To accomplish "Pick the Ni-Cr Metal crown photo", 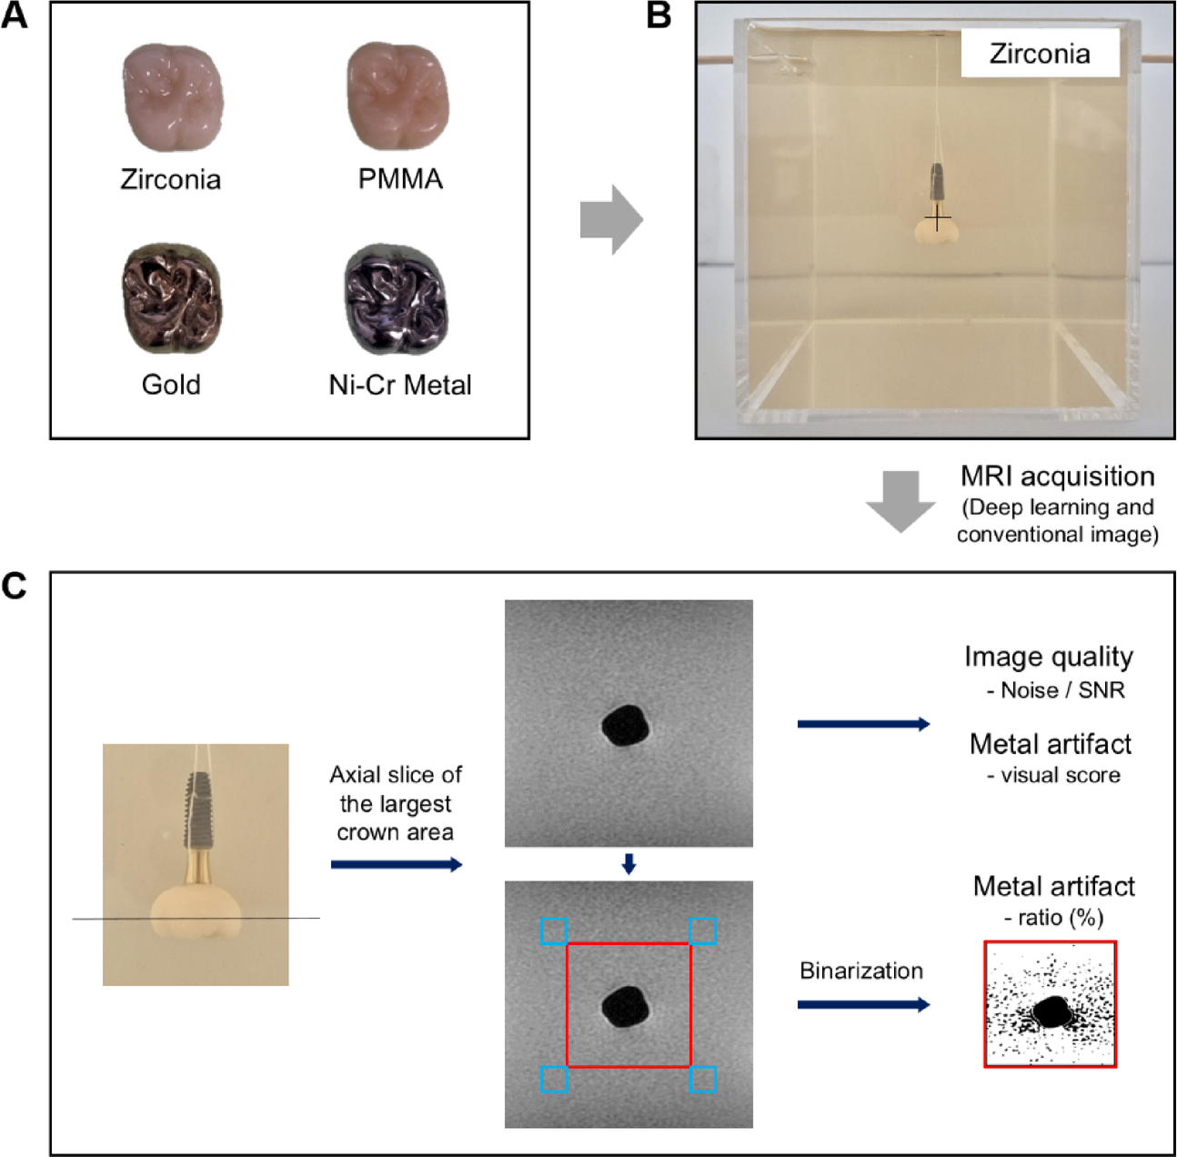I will pos(397,299).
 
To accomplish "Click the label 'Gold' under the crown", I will pos(171,385).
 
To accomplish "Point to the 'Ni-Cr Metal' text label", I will pos(400,385).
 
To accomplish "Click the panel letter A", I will pos(15,15).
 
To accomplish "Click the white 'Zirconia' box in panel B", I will pos(1039,54).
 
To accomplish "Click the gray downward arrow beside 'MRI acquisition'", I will pos(900,501).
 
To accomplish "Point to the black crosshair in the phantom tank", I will pos(938,219).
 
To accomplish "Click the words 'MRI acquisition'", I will pos(1057,477).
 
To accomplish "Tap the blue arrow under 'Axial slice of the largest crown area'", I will pos(397,864).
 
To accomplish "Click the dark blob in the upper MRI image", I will pos(627,726).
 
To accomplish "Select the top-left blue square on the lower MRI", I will pos(554,931).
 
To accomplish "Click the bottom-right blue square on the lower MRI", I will pos(702,1080).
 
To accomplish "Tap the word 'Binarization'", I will pos(860,971).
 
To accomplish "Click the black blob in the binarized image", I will pos(1051,1011).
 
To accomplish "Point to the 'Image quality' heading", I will pos(1048,657).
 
